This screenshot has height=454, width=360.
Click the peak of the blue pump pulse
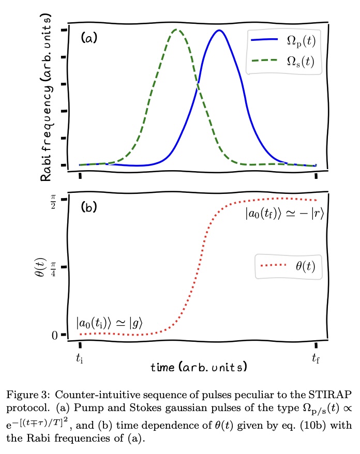(220, 31)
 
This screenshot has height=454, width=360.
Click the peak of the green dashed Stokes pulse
(176, 29)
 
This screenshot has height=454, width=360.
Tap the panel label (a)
(89, 38)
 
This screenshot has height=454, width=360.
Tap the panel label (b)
(89, 208)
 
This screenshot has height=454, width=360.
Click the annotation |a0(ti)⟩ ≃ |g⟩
(109, 323)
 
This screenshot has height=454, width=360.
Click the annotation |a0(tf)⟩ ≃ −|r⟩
(284, 213)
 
